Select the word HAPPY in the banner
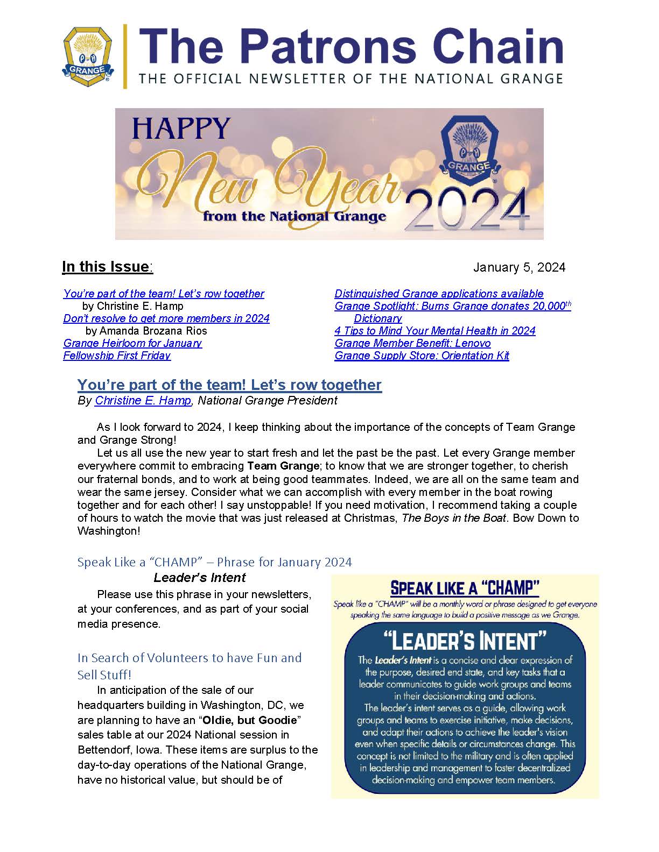pyautogui.click(x=181, y=130)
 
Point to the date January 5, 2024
pyautogui.click(x=519, y=267)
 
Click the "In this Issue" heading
pyautogui.click(x=107, y=267)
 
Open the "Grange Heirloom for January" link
pyautogui.click(x=132, y=343)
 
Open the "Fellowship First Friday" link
pyautogui.click(x=117, y=356)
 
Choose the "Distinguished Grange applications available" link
pyautogui.click(x=439, y=294)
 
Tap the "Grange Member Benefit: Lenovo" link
pyautogui.click(x=412, y=343)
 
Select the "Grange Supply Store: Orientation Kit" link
pyautogui.click(x=422, y=356)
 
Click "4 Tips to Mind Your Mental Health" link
pyautogui.click(x=435, y=331)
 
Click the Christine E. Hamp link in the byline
pyautogui.click(x=143, y=401)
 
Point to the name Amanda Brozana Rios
pyautogui.click(x=153, y=331)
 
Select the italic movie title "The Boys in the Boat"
pyautogui.click(x=454, y=518)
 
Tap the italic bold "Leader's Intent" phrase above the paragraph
pyautogui.click(x=199, y=578)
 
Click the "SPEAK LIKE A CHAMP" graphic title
pyautogui.click(x=465, y=588)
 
